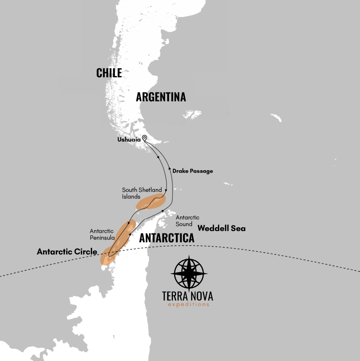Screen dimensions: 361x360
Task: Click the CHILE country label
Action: [x=109, y=73]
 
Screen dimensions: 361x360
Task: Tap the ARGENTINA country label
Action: [x=161, y=97]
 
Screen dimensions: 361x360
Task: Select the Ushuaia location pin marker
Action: [x=145, y=138]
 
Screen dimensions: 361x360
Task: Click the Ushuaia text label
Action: [x=129, y=140]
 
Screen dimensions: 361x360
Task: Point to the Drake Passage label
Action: [x=193, y=171]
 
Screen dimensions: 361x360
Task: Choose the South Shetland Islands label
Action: [x=142, y=193]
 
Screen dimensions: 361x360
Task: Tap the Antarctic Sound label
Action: [x=187, y=221]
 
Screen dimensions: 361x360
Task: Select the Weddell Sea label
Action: [x=221, y=228]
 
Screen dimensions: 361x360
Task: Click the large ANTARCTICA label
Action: [x=167, y=238]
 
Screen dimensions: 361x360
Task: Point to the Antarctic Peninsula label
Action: [x=102, y=234]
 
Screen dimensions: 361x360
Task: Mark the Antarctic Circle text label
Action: [x=67, y=252]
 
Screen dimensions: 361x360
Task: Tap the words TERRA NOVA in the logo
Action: [x=187, y=296]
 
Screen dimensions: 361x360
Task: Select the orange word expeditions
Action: [x=188, y=305]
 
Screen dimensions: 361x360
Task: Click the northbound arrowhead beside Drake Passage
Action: [x=170, y=168]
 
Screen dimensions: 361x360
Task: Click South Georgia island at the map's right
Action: [x=276, y=118]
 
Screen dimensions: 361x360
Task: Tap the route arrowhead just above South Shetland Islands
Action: [x=166, y=190]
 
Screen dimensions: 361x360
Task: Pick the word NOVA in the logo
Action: [x=201, y=296]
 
